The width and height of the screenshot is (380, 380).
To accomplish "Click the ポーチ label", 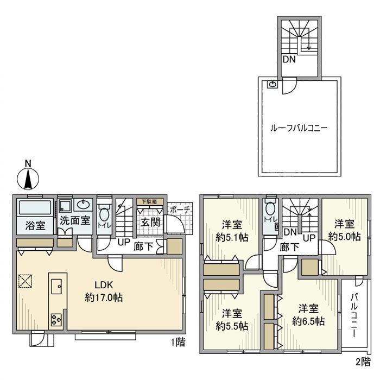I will [x=180, y=210].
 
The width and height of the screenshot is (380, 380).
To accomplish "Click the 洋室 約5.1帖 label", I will [x=232, y=230].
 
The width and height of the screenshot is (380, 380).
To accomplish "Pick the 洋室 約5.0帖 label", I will [x=345, y=230].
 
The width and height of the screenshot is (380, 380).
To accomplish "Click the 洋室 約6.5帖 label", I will [x=308, y=315].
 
